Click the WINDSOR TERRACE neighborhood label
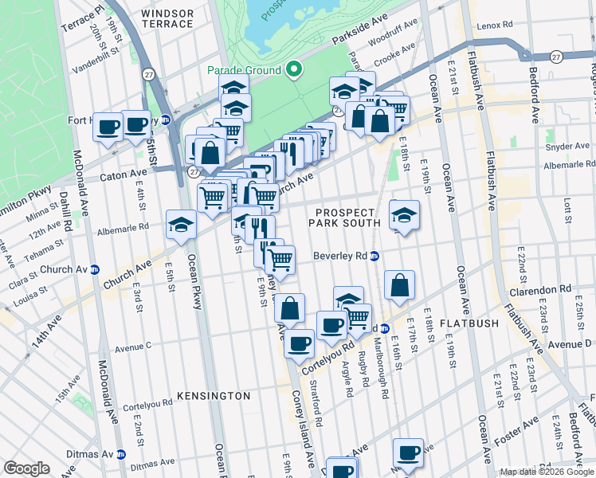(x=167, y=18)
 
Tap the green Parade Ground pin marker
(x=293, y=70)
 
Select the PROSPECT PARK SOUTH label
(x=344, y=217)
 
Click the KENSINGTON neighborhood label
(x=214, y=396)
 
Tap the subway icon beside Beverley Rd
(x=374, y=257)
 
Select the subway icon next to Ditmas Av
(x=121, y=454)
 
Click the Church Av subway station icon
(x=94, y=269)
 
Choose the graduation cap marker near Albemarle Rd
(x=182, y=225)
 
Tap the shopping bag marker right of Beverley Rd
(x=399, y=285)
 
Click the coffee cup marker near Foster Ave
(x=408, y=453)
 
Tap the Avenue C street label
(x=133, y=347)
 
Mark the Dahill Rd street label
(x=69, y=214)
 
